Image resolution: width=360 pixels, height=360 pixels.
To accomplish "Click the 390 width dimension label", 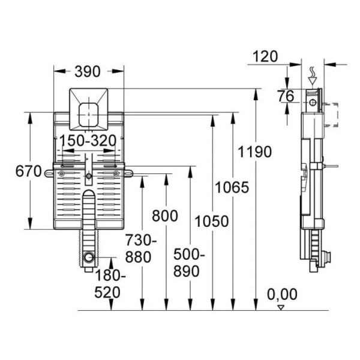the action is pos(88,71).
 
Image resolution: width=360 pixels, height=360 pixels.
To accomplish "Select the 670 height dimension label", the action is pos(28,171).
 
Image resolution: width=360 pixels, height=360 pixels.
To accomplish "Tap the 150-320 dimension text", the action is pos(88,140).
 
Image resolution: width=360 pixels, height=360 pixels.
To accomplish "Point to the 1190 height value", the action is pos(254,152).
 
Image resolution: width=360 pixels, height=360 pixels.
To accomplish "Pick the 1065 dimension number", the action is pos(232,187).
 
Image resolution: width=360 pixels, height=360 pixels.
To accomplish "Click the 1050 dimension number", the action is pos(212,221).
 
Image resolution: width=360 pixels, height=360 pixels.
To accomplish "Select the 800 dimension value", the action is pos(165,216).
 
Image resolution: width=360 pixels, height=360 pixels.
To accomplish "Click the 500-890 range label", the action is pos(189,263).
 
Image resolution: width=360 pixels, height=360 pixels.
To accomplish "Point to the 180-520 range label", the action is pos(110,284).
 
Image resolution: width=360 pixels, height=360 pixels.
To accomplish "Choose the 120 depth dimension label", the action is pos(265,56).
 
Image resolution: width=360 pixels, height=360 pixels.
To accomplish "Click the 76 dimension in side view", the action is pos(286,96).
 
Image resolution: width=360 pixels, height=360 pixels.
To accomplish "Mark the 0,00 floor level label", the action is pos(282,295).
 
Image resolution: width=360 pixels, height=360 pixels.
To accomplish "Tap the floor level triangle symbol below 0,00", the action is pos(281,307).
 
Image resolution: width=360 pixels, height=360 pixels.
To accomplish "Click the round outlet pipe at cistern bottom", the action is pos(89,257).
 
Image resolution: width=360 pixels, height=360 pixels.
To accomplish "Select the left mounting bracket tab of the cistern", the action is pos(49,173).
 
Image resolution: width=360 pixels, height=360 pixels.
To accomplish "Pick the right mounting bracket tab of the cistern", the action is pos(128,173).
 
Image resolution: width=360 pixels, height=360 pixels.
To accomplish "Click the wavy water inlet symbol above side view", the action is pos(312,72).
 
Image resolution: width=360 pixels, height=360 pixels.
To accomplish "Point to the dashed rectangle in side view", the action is pos(331,115).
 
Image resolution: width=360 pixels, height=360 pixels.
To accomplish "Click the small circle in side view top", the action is pos(313,102).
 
